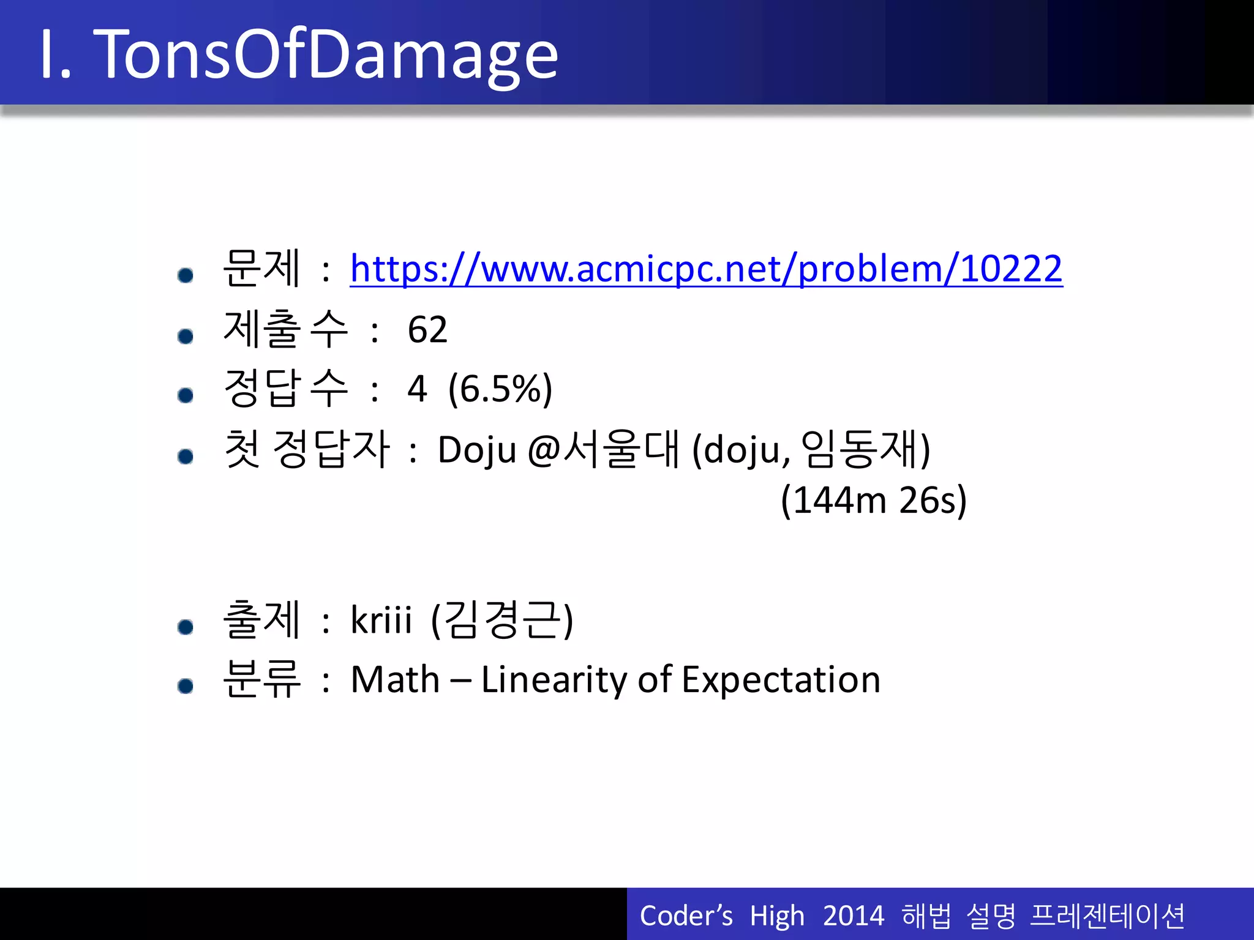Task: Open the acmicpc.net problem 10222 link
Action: tap(706, 269)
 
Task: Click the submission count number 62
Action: tap(427, 330)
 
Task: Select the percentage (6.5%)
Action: tap(500, 389)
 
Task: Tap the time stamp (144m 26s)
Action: tap(874, 500)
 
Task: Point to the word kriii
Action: tap(381, 619)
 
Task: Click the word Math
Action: tap(395, 679)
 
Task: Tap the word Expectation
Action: tap(781, 679)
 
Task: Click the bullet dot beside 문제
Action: tap(186, 275)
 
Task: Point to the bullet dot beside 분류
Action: tap(186, 686)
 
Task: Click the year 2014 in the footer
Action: tap(854, 916)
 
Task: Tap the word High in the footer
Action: tap(777, 916)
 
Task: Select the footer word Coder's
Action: tap(686, 916)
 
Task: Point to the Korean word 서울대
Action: tap(621, 449)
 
